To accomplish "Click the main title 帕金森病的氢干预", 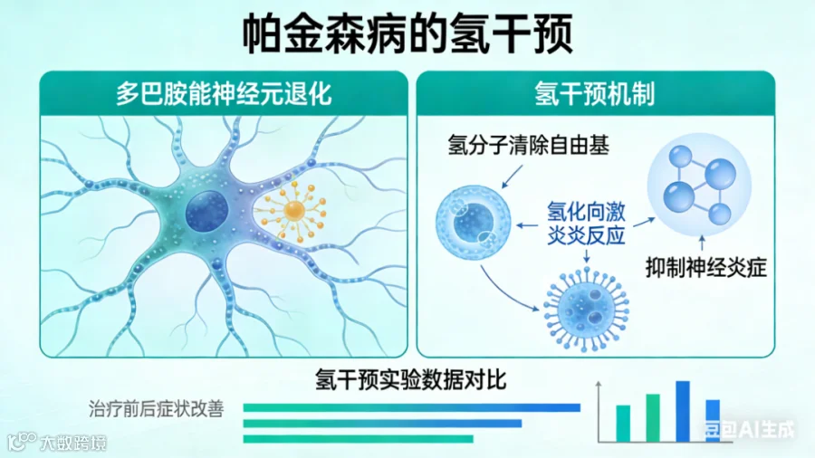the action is pyautogui.click(x=407, y=34).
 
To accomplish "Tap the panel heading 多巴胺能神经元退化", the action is pyautogui.click(x=224, y=93).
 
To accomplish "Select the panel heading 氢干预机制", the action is pyautogui.click(x=595, y=93).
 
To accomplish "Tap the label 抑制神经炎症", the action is pyautogui.click(x=706, y=267).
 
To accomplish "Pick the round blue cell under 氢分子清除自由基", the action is pyautogui.click(x=468, y=220).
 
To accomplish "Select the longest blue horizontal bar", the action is pyautogui.click(x=411, y=407).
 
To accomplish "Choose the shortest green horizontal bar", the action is pyautogui.click(x=358, y=439).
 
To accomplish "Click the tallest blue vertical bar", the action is pyautogui.click(x=683, y=410).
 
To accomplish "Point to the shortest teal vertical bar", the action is pyautogui.click(x=623, y=422).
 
